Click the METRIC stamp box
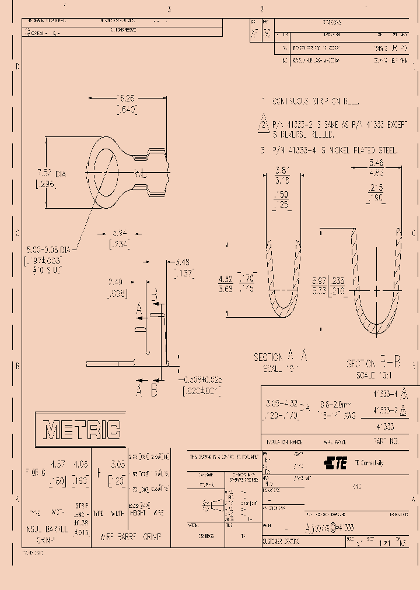tap(81, 430)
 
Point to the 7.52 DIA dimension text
tap(52, 173)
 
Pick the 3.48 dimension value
tap(183, 263)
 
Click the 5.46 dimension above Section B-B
tap(376, 164)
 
